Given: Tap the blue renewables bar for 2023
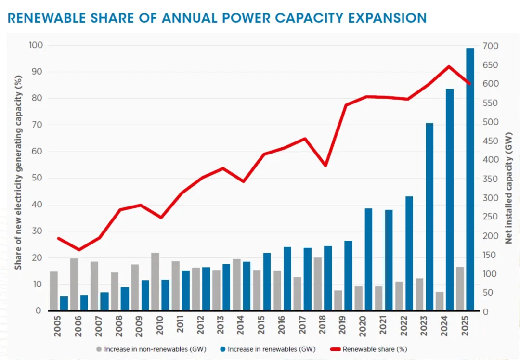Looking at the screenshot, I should click(x=429, y=217).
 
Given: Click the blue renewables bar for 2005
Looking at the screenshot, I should click(x=64, y=303).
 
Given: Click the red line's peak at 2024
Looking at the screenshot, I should click(x=449, y=66).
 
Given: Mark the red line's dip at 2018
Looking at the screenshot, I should click(x=326, y=165).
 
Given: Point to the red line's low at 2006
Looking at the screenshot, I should click(x=79, y=250).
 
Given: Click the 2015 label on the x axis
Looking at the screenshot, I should click(x=261, y=326).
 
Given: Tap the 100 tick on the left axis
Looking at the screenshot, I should click(x=36, y=46).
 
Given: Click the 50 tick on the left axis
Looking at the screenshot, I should click(x=38, y=178).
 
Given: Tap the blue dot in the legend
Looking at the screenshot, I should click(x=223, y=349).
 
